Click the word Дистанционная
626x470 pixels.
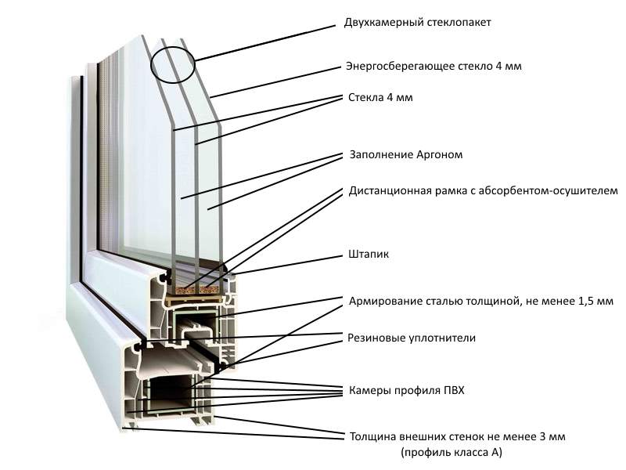[x=387, y=190]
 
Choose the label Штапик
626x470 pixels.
[x=362, y=255]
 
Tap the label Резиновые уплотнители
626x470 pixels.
[x=412, y=338]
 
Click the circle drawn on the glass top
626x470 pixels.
[x=171, y=63]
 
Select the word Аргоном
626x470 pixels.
[x=441, y=155]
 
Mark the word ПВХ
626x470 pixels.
[x=453, y=390]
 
